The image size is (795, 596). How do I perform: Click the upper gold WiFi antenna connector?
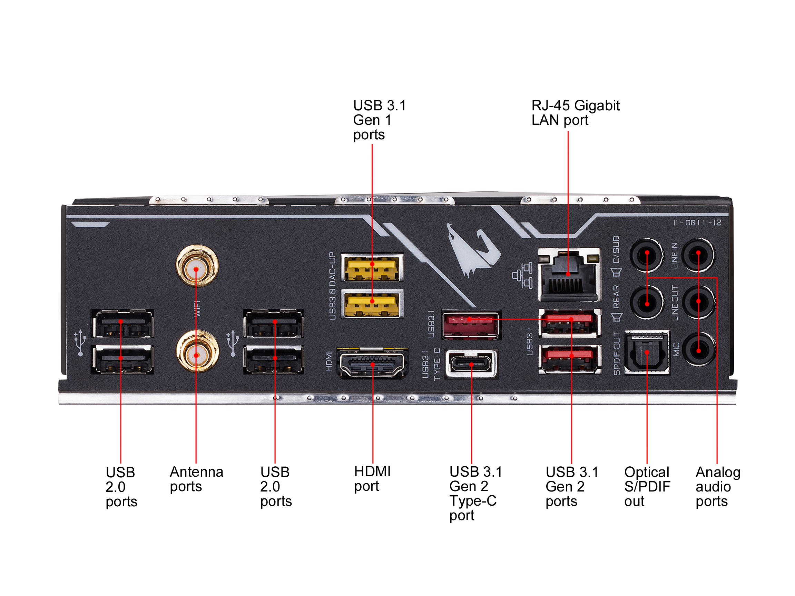pyautogui.click(x=197, y=266)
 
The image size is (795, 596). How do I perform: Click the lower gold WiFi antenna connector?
pyautogui.click(x=197, y=352)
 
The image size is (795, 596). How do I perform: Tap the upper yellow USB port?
pyautogui.click(x=372, y=268)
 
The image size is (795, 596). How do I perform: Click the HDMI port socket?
pyautogui.click(x=372, y=363)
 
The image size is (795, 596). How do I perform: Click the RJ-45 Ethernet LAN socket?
pyautogui.click(x=569, y=275)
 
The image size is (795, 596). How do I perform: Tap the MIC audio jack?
pyautogui.click(x=698, y=349)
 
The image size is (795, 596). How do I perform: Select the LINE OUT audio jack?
pyautogui.click(x=698, y=302)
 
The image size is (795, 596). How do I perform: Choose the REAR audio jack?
pyautogui.click(x=647, y=302)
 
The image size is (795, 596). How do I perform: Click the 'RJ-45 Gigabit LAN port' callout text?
pyautogui.click(x=575, y=113)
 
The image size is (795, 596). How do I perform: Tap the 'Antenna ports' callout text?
pyautogui.click(x=196, y=479)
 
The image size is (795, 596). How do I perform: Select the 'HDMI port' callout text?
pyautogui.click(x=372, y=479)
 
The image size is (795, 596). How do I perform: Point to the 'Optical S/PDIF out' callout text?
pyautogui.click(x=647, y=486)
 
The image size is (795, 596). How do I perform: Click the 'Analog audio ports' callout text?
pyautogui.click(x=718, y=486)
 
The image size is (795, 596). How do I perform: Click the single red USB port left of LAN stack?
pyautogui.click(x=470, y=325)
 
